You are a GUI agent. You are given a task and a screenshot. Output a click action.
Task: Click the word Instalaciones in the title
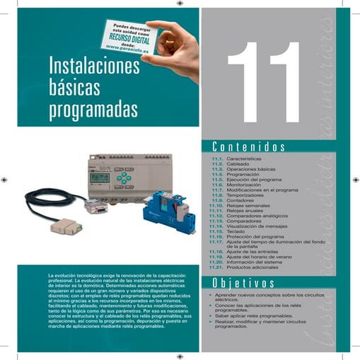(x=95, y=67)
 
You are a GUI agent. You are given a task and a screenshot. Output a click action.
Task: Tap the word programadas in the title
(x=93, y=110)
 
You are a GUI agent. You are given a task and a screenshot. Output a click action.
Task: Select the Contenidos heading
(x=248, y=147)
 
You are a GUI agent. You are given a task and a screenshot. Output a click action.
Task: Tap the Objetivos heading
(x=243, y=283)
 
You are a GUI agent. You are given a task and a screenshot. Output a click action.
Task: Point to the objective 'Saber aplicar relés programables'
(x=252, y=315)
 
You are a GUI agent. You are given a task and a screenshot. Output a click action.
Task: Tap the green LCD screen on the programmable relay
(x=100, y=178)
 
